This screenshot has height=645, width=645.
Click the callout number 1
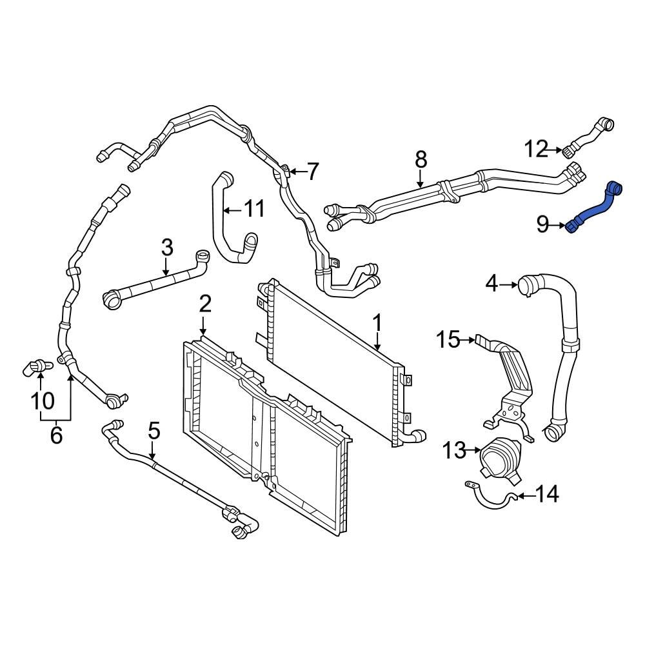tap(377, 322)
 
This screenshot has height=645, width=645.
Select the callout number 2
tap(204, 303)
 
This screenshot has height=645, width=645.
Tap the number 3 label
tap(166, 246)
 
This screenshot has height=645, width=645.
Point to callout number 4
tap(491, 283)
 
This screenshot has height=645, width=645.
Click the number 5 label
tap(154, 430)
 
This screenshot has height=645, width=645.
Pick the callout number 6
tap(56, 435)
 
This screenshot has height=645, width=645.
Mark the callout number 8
tap(421, 157)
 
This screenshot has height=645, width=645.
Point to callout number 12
tap(535, 149)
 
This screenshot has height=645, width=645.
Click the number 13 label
tap(453, 450)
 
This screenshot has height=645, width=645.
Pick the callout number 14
tap(547, 495)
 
